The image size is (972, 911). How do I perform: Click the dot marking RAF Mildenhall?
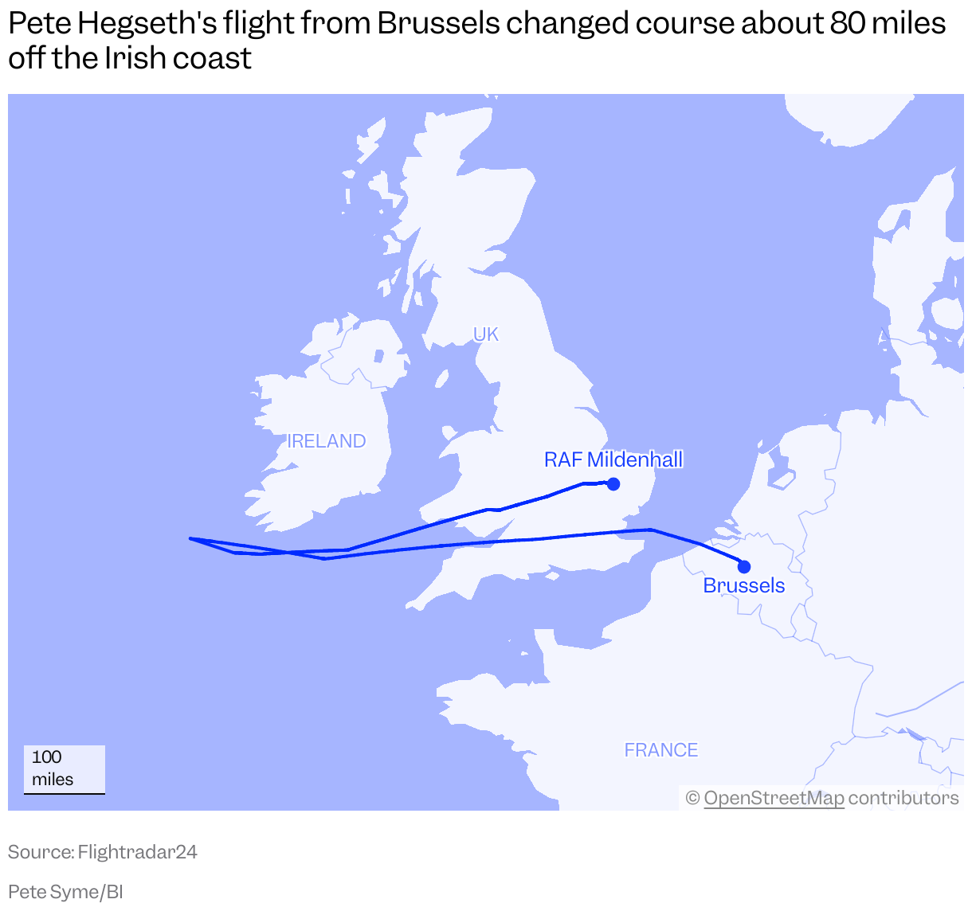click(613, 483)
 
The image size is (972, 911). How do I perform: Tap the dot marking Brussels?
click(744, 567)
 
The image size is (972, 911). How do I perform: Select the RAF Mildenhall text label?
click(613, 459)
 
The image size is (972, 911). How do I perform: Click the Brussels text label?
click(744, 586)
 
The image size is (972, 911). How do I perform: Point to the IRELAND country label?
click(327, 441)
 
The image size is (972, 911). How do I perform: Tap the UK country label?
click(486, 334)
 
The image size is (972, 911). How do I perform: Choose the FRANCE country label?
click(661, 750)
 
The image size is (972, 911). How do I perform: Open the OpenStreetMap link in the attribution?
click(774, 798)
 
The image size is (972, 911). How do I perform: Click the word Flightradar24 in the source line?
click(138, 852)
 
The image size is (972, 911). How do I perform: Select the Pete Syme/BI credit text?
click(65, 892)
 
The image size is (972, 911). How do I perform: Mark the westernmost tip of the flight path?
click(190, 538)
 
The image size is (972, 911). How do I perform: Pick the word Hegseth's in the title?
click(148, 24)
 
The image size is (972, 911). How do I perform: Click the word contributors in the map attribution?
click(903, 798)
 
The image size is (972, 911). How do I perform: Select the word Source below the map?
click(40, 852)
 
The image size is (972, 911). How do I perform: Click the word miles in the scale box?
click(53, 780)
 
